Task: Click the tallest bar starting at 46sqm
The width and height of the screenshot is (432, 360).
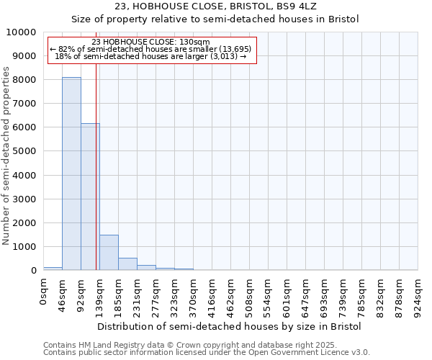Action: click(71, 174)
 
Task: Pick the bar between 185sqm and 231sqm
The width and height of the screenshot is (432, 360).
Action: click(127, 264)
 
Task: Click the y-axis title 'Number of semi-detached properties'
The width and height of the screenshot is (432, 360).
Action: click(6, 156)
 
